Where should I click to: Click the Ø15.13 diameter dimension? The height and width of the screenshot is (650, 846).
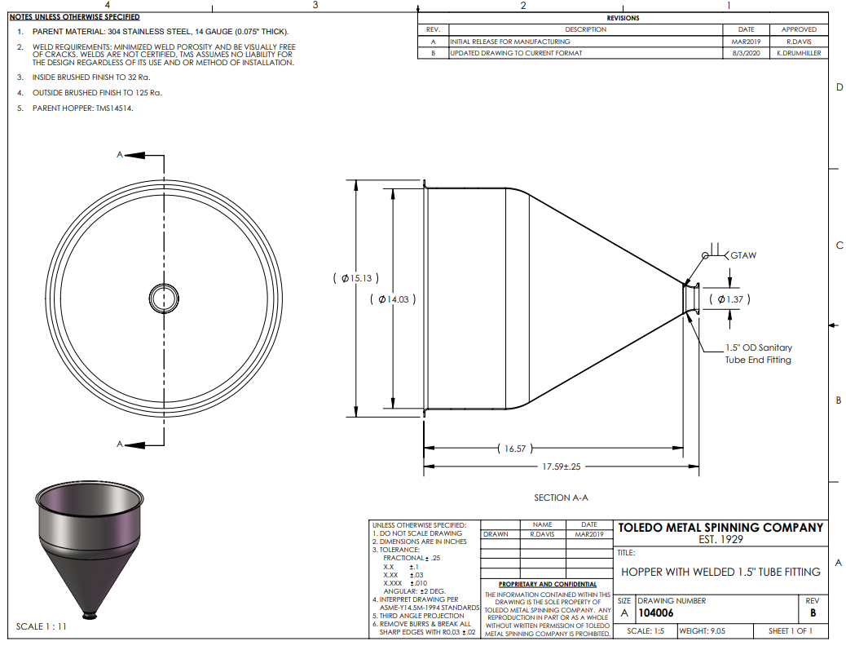pyautogui.click(x=356, y=278)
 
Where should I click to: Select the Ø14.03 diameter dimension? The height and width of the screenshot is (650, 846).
pyautogui.click(x=393, y=299)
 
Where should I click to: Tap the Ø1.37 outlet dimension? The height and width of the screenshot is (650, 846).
pyautogui.click(x=730, y=299)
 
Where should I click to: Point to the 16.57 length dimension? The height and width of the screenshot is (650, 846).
pyautogui.click(x=515, y=449)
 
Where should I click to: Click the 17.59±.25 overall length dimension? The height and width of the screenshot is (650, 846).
pyautogui.click(x=561, y=466)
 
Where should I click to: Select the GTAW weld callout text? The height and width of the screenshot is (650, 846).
pyautogui.click(x=743, y=255)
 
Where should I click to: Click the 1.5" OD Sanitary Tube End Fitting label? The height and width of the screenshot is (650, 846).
pyautogui.click(x=758, y=354)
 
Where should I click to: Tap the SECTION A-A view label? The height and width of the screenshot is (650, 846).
pyautogui.click(x=561, y=497)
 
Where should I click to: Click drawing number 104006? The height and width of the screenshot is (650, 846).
pyautogui.click(x=655, y=612)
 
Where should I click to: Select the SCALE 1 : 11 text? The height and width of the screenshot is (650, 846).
pyautogui.click(x=41, y=626)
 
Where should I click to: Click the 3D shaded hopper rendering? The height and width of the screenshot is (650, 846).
pyautogui.click(x=90, y=550)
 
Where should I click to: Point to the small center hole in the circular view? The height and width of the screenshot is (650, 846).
pyautogui.click(x=164, y=298)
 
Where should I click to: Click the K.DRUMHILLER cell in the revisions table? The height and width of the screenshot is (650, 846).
pyautogui.click(x=799, y=53)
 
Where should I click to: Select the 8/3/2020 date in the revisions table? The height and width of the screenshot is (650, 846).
pyautogui.click(x=746, y=53)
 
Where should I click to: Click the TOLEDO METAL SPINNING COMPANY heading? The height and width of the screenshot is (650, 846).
pyautogui.click(x=720, y=528)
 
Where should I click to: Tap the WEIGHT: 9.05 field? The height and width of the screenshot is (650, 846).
pyautogui.click(x=702, y=630)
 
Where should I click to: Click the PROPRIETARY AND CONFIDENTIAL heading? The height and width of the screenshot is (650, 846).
pyautogui.click(x=548, y=584)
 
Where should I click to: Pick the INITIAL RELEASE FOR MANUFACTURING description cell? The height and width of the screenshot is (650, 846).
pyautogui.click(x=510, y=42)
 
